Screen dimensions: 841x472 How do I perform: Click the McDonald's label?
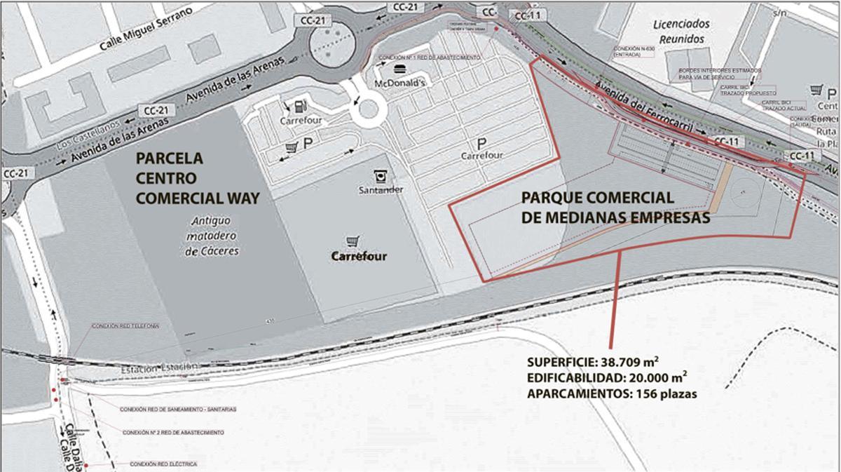[400, 81]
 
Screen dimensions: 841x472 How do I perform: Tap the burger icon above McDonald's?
[399, 69]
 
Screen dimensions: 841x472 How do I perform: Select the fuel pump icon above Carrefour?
[300, 107]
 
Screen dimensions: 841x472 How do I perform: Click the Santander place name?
[380, 190]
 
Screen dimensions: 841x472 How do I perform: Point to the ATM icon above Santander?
[381, 175]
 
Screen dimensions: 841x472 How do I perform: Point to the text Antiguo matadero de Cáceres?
[212, 236]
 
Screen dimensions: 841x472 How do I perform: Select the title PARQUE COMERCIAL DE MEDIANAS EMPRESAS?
[616, 207]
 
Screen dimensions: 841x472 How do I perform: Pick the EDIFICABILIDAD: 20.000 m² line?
[607, 379]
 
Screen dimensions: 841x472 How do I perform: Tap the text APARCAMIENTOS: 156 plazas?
[612, 394]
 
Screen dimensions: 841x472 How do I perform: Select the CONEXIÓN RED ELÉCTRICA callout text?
[159, 464]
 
